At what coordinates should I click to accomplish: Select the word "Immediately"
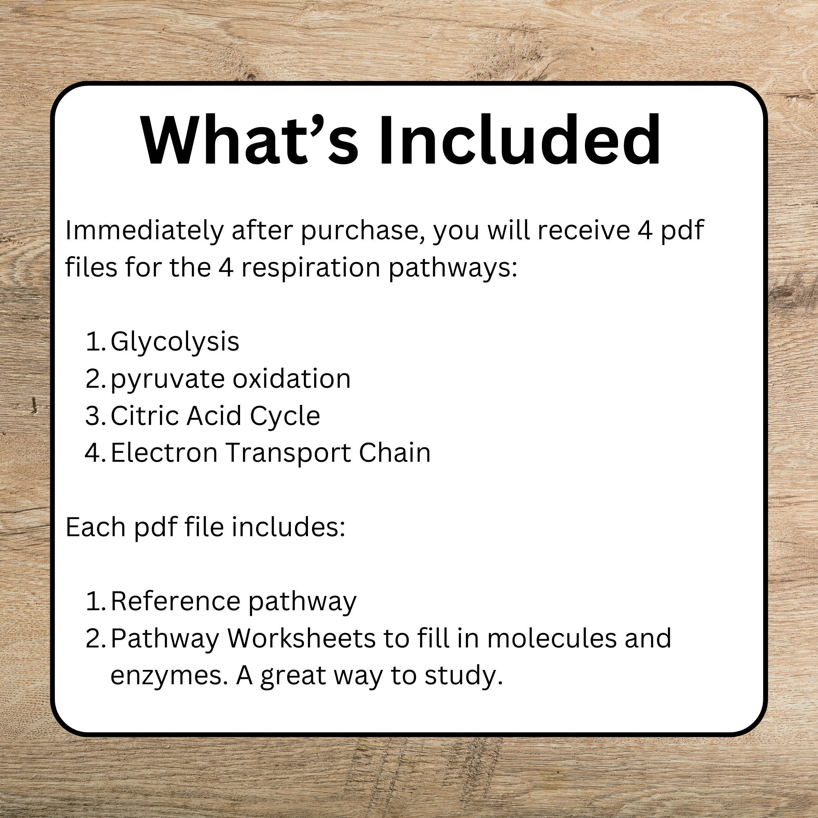(144, 231)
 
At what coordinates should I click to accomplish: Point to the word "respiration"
(311, 268)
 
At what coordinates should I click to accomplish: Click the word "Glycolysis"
(175, 342)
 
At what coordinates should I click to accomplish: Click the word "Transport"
(288, 454)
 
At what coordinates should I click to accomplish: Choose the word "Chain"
(395, 453)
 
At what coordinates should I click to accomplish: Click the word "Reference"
(175, 601)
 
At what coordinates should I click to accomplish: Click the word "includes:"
(288, 527)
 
